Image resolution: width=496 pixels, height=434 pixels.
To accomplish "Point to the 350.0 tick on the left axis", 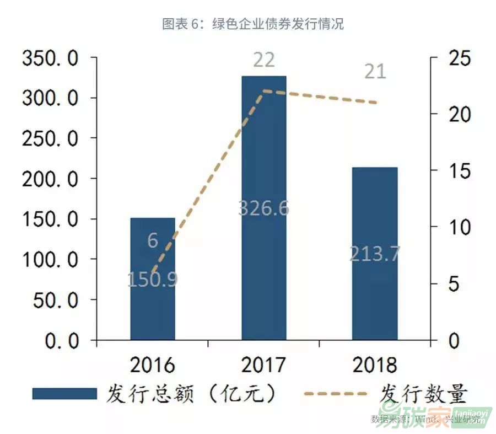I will click(50, 58).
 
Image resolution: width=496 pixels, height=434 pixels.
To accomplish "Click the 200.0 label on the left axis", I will click(50, 179).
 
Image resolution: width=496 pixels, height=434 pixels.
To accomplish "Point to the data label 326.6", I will click(264, 208).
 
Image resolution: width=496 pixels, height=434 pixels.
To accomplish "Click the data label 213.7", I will click(375, 254).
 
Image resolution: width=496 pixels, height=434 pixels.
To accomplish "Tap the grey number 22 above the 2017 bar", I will click(264, 60).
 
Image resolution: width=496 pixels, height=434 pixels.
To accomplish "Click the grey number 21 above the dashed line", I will click(375, 71).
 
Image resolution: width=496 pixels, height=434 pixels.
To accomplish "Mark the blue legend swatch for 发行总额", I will click(64, 394).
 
